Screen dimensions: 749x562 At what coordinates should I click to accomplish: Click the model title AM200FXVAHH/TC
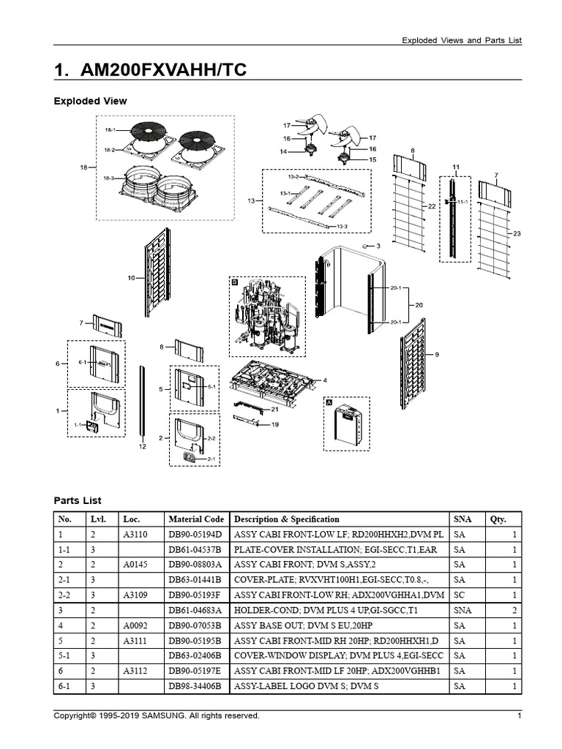151,70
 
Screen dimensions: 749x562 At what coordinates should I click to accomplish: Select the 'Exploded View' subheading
90,101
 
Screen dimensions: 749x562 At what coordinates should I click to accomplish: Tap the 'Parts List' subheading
78,500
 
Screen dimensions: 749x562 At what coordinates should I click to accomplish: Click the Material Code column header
195,519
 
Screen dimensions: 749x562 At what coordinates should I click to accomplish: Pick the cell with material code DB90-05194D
195,535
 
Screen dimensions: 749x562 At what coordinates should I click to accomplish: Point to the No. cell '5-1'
67,656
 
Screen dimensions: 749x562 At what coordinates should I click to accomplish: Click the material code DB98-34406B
195,686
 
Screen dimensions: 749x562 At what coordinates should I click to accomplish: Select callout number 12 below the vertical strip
143,446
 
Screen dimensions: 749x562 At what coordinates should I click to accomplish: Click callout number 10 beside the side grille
132,279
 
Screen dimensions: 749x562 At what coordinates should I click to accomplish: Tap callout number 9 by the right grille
437,355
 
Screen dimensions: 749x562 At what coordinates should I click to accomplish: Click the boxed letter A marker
329,402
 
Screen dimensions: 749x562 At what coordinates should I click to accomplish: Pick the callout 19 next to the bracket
275,424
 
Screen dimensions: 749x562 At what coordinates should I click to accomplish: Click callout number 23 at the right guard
517,233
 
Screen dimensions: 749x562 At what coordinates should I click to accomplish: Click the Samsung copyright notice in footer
157,716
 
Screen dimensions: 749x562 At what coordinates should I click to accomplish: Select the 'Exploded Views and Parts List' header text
462,41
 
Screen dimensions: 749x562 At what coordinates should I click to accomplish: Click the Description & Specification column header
286,519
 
